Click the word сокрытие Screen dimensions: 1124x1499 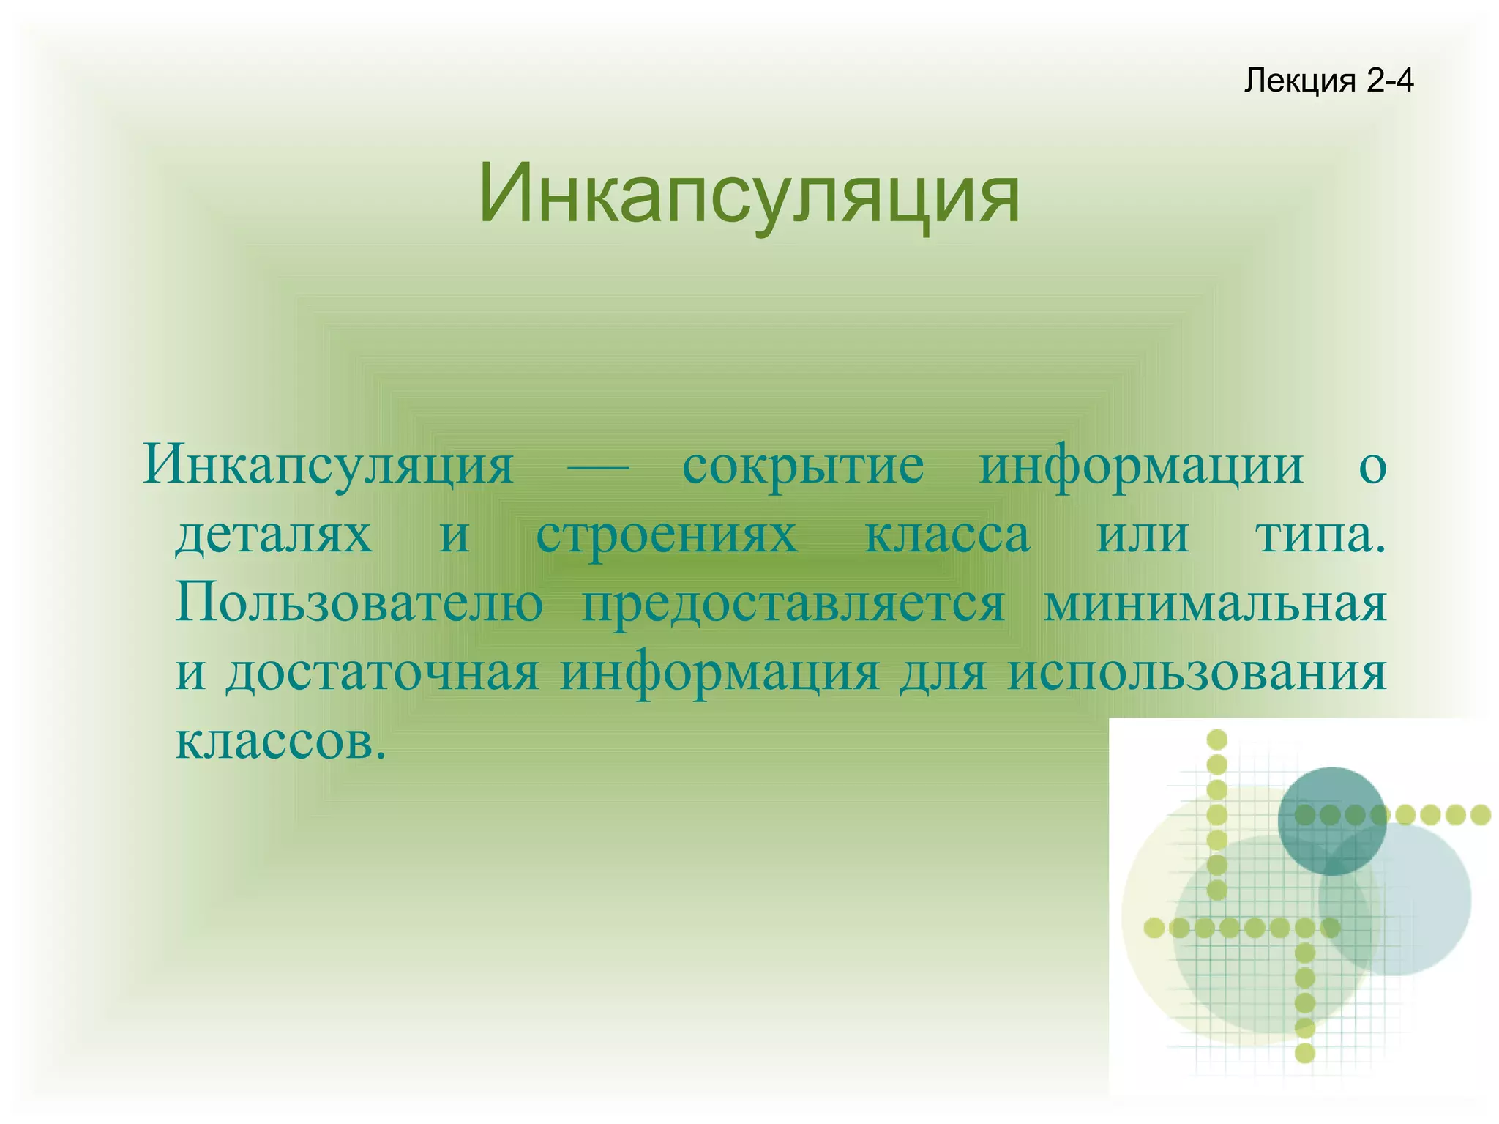coord(803,466)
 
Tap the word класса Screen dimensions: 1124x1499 coord(947,535)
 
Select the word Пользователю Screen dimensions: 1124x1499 coord(359,605)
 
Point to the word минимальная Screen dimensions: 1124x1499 coord(1214,605)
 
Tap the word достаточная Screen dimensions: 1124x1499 coord(383,674)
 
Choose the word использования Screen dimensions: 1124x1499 coord(1197,674)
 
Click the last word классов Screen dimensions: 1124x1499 coord(280,741)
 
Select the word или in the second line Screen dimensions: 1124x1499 coord(1142,535)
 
